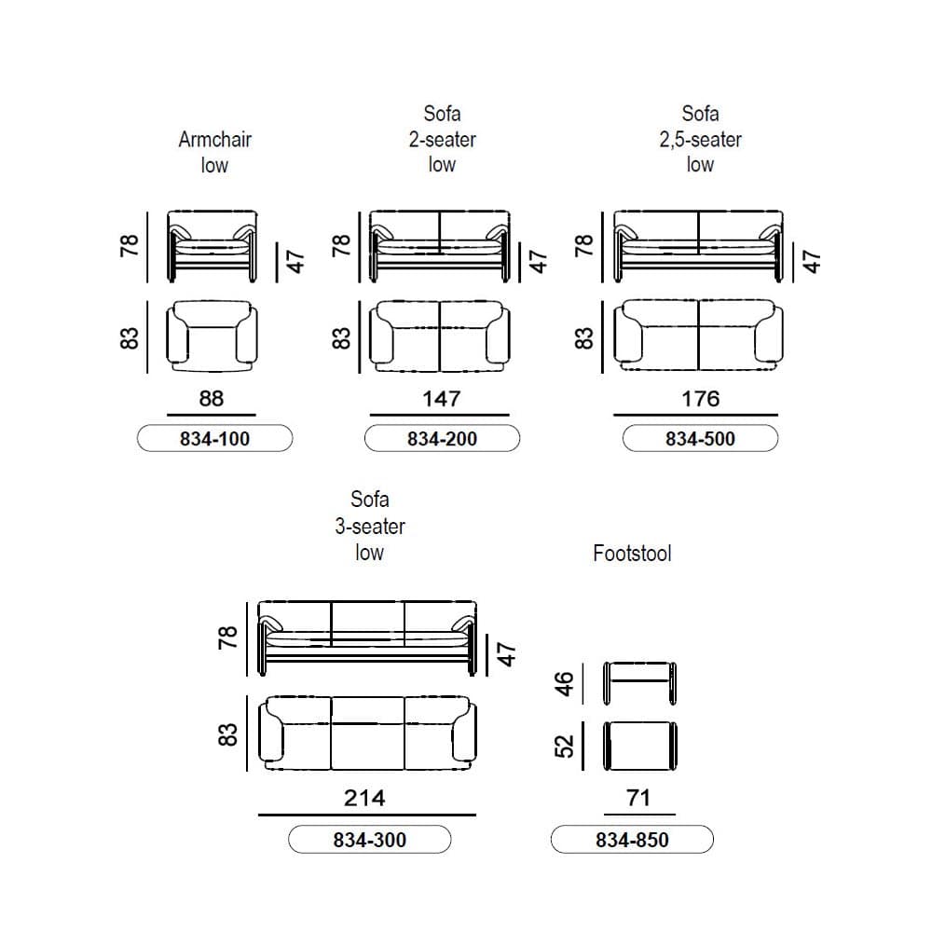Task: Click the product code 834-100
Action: tap(214, 439)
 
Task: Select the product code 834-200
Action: tap(442, 439)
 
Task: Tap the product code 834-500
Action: tap(700, 439)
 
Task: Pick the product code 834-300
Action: tap(370, 840)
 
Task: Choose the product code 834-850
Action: tap(632, 840)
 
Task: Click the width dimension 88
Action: tap(211, 398)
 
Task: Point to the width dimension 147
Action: tap(441, 398)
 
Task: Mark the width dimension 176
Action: tap(700, 398)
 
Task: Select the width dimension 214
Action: tap(364, 798)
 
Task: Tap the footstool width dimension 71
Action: tap(638, 798)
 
